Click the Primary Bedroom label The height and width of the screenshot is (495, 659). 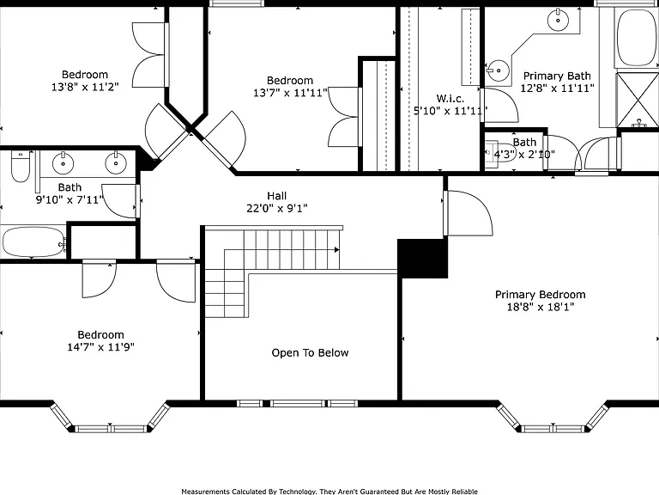pyautogui.click(x=540, y=295)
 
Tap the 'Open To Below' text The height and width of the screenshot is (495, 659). pyautogui.click(x=310, y=352)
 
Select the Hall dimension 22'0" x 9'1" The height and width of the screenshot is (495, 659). pyautogui.click(x=277, y=208)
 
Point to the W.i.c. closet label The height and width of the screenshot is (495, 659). pyautogui.click(x=450, y=99)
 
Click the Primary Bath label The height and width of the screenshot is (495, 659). pyautogui.click(x=557, y=76)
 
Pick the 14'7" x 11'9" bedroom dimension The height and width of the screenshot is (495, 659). pyautogui.click(x=101, y=347)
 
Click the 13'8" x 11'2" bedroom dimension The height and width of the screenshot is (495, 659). pyautogui.click(x=85, y=87)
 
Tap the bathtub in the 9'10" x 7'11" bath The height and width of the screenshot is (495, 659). pyautogui.click(x=34, y=242)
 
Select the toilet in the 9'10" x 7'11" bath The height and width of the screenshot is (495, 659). pyautogui.click(x=21, y=166)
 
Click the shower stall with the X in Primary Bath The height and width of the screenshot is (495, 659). pyautogui.click(x=638, y=100)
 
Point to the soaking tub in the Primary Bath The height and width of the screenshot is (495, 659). pyautogui.click(x=638, y=38)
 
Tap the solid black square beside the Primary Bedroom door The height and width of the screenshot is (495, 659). pyautogui.click(x=422, y=259)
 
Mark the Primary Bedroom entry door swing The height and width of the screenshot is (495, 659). pyautogui.click(x=469, y=213)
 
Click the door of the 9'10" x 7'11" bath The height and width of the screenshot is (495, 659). pyautogui.click(x=121, y=201)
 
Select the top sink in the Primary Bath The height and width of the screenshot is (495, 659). pyautogui.click(x=558, y=20)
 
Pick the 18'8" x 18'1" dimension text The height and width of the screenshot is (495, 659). pyautogui.click(x=541, y=307)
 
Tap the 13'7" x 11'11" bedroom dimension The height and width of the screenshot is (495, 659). pyautogui.click(x=290, y=93)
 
